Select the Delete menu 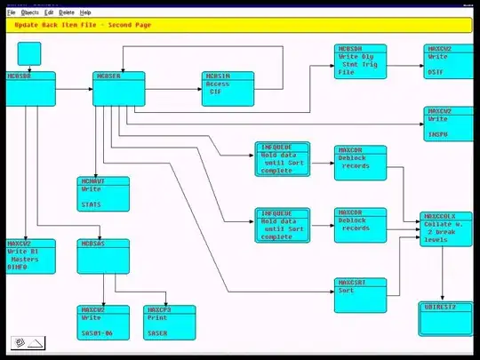(x=67, y=12)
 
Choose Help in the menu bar (x=85, y=12)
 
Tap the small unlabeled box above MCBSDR (x=29, y=53)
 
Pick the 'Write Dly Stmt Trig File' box (x=361, y=61)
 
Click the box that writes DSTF (x=449, y=61)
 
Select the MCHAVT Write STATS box (x=103, y=194)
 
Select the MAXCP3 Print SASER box (x=169, y=322)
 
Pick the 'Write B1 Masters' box (x=28, y=255)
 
